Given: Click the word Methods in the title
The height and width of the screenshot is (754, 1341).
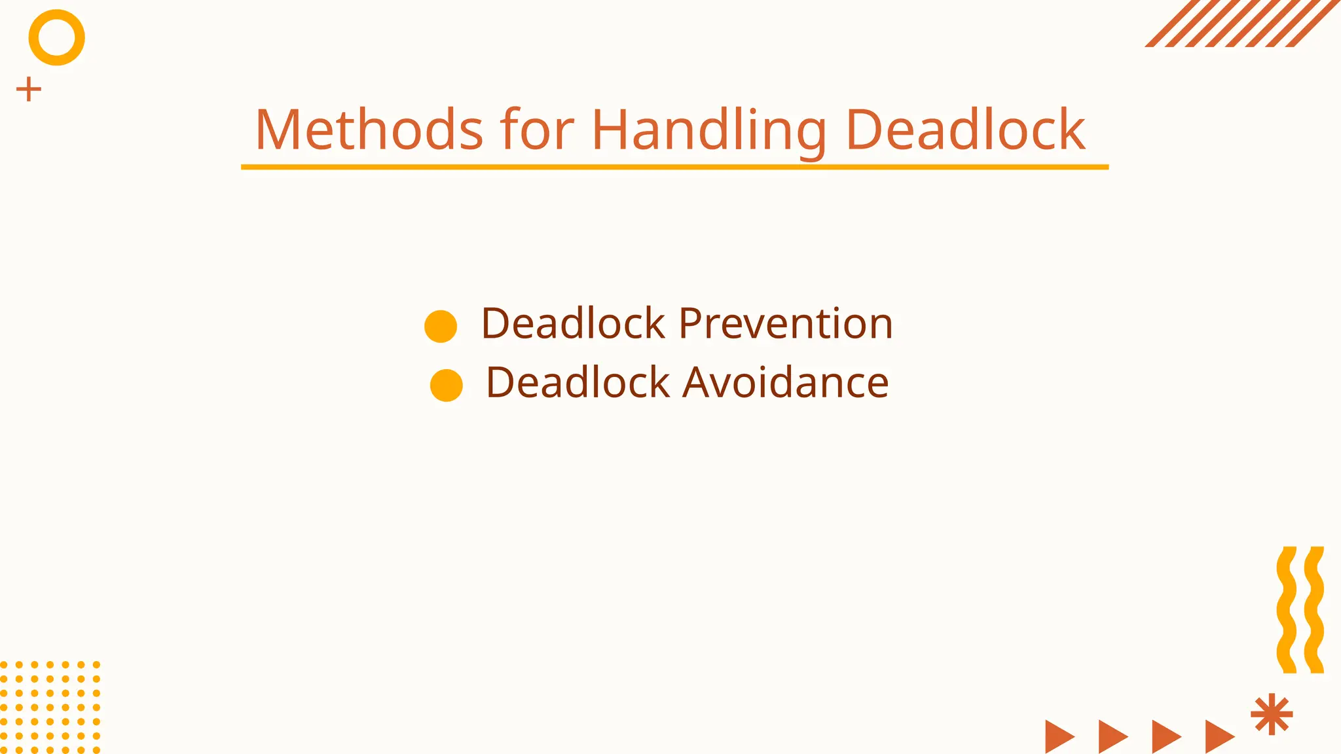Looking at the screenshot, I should pos(369,130).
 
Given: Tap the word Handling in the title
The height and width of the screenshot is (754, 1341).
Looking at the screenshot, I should pos(708,130).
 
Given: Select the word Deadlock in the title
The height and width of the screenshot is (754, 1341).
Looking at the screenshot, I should pos(965,130).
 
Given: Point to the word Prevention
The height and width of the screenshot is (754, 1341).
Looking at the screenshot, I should pos(785,323).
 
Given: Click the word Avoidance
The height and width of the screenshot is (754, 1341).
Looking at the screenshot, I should pos(785,382).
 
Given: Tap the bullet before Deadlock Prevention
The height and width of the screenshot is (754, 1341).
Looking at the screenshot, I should pos(441,326).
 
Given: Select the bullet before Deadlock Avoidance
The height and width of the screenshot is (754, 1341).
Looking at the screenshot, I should pos(447,385).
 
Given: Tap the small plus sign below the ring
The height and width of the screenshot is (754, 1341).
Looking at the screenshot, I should pos(29,90).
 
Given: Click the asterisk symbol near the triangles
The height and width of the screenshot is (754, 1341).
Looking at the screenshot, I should pos(1272,714).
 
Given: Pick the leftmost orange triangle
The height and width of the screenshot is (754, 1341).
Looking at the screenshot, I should pos(1059,736).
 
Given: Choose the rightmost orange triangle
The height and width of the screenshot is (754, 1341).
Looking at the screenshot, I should pos(1219,736).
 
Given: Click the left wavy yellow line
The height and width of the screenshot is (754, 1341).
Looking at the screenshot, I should pos(1286,609).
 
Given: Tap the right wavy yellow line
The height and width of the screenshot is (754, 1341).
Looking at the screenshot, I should pos(1313,609).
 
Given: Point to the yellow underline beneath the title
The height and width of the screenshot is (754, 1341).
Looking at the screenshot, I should pos(674,167).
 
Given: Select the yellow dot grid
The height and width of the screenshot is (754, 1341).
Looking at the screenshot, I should pos(50,707).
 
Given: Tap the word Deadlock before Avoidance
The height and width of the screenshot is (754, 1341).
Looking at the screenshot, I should pos(578,382).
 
